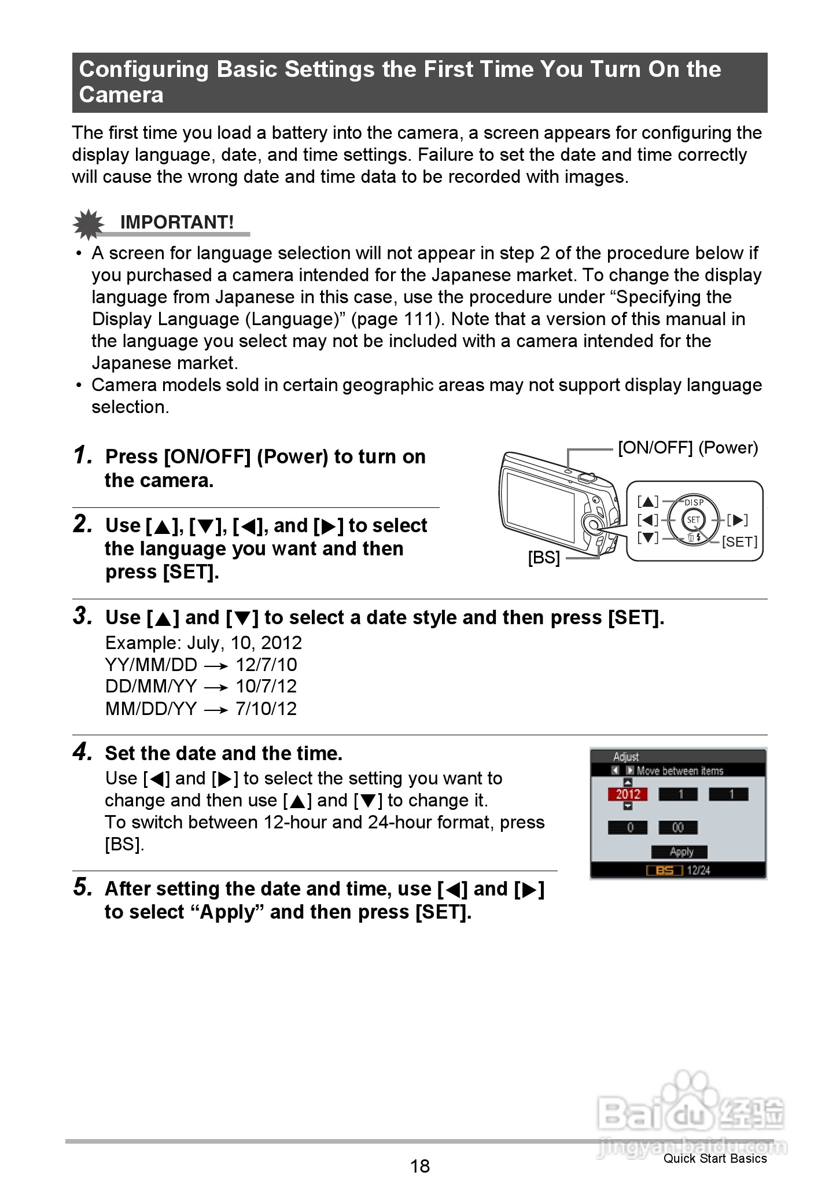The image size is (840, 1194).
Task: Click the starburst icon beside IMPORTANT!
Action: [x=88, y=224]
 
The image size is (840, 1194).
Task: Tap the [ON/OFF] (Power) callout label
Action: [x=687, y=448]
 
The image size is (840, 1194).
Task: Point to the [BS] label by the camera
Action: [x=544, y=558]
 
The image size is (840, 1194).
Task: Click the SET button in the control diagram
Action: [x=693, y=519]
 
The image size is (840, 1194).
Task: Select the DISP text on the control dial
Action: [x=694, y=502]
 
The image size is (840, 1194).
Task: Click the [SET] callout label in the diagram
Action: [x=739, y=541]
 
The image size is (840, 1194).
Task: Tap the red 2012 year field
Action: [x=628, y=794]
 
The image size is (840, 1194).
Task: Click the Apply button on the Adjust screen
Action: [x=680, y=852]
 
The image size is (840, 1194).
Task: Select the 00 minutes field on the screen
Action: [x=677, y=827]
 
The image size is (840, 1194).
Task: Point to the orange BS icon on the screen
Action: [x=665, y=870]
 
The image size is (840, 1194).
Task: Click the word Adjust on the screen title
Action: [x=625, y=757]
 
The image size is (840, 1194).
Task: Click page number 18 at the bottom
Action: [x=420, y=1166]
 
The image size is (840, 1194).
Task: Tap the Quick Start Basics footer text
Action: [x=715, y=1158]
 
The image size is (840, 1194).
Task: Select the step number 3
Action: [x=83, y=616]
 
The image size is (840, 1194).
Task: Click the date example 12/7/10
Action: [x=266, y=665]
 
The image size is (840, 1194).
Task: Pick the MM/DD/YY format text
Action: [x=151, y=709]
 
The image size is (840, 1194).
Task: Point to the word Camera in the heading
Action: [x=121, y=95]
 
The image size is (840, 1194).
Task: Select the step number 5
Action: [x=83, y=887]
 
